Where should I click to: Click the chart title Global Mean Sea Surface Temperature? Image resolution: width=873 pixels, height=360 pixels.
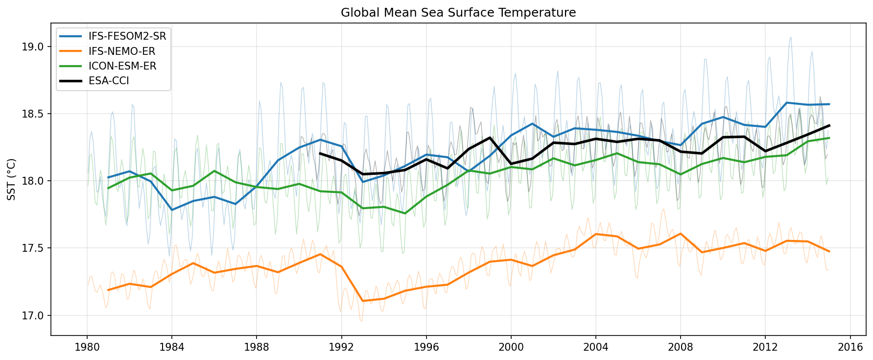click(458, 12)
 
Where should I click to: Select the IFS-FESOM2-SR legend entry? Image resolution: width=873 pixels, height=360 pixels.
click(127, 36)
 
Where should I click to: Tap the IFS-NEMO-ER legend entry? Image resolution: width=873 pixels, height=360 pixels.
click(127, 51)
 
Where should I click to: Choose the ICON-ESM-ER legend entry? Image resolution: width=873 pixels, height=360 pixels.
click(122, 66)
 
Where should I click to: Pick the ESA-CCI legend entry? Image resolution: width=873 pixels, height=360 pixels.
click(109, 81)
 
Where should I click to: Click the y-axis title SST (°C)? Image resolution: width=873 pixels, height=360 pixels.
click(12, 179)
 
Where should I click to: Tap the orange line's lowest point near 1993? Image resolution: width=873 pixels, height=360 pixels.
click(362, 301)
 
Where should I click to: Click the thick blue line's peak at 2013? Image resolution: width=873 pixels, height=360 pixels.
click(786, 102)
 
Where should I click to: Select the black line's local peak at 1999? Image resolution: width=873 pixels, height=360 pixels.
click(490, 138)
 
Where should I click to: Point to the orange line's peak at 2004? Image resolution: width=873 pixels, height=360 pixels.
click(596, 234)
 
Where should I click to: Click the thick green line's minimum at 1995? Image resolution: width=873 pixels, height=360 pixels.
click(405, 213)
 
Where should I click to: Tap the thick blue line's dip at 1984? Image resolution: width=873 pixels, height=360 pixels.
click(172, 210)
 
